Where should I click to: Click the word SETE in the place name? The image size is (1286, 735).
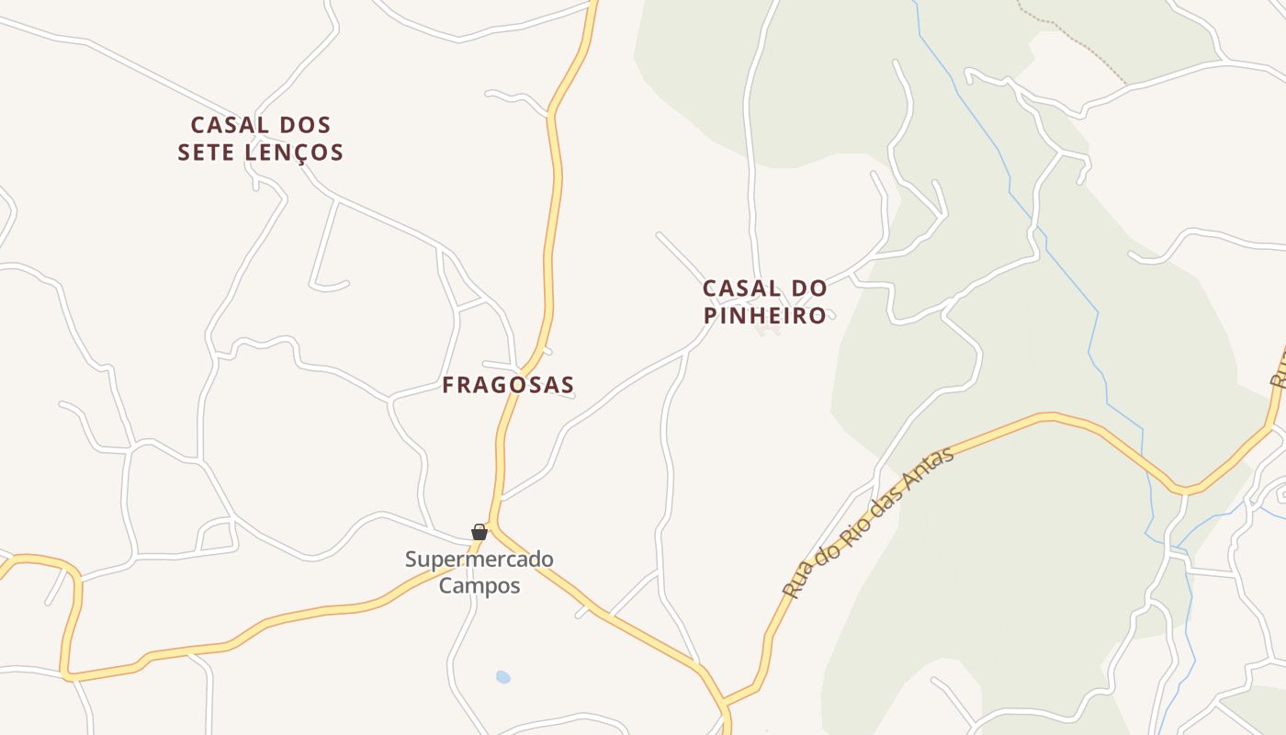pyautogui.click(x=206, y=153)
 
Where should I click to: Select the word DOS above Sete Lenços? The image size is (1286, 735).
pyautogui.click(x=303, y=125)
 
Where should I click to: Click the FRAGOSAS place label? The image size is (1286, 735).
pyautogui.click(x=508, y=385)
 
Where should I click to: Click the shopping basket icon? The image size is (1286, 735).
pyautogui.click(x=479, y=532)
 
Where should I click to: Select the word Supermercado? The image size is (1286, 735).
pyautogui.click(x=479, y=559)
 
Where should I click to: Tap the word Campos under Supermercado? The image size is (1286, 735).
pyautogui.click(x=479, y=585)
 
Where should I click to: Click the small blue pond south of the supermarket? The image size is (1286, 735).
pyautogui.click(x=502, y=677)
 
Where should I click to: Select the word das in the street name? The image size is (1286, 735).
pyautogui.click(x=891, y=503)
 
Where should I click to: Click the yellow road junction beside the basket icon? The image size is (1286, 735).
pyautogui.click(x=493, y=526)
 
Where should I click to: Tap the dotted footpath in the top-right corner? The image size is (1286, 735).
pyautogui.click(x=1075, y=41)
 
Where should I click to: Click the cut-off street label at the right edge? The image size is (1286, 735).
pyautogui.click(x=1279, y=367)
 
